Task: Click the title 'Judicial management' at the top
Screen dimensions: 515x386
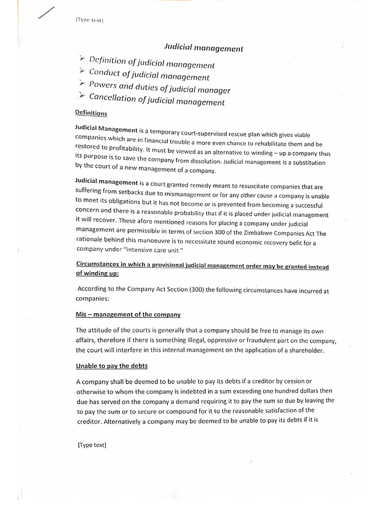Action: tap(204, 49)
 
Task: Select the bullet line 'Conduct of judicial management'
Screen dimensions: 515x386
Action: tap(149, 75)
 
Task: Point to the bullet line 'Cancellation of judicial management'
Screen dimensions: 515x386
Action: tap(156, 100)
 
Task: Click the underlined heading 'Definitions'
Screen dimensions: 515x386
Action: tap(91, 114)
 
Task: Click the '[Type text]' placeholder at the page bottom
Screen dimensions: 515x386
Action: tap(92, 445)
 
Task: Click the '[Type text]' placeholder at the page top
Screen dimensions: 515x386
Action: tap(89, 20)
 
